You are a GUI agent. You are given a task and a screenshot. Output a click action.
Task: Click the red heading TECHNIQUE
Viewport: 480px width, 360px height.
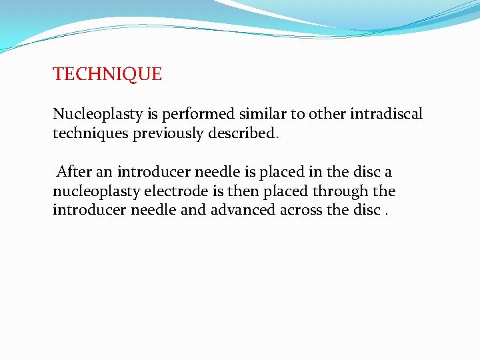pos(107,74)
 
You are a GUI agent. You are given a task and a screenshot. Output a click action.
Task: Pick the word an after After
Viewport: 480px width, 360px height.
pos(103,172)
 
